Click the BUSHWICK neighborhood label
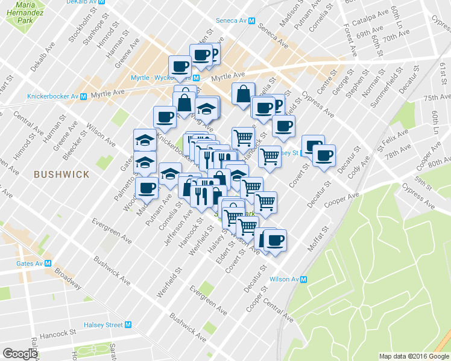[x=61, y=174]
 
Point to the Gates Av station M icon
[x=48, y=264]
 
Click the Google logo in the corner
[x=20, y=354]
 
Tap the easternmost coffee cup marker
[x=324, y=155]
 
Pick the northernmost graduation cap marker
[x=207, y=108]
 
